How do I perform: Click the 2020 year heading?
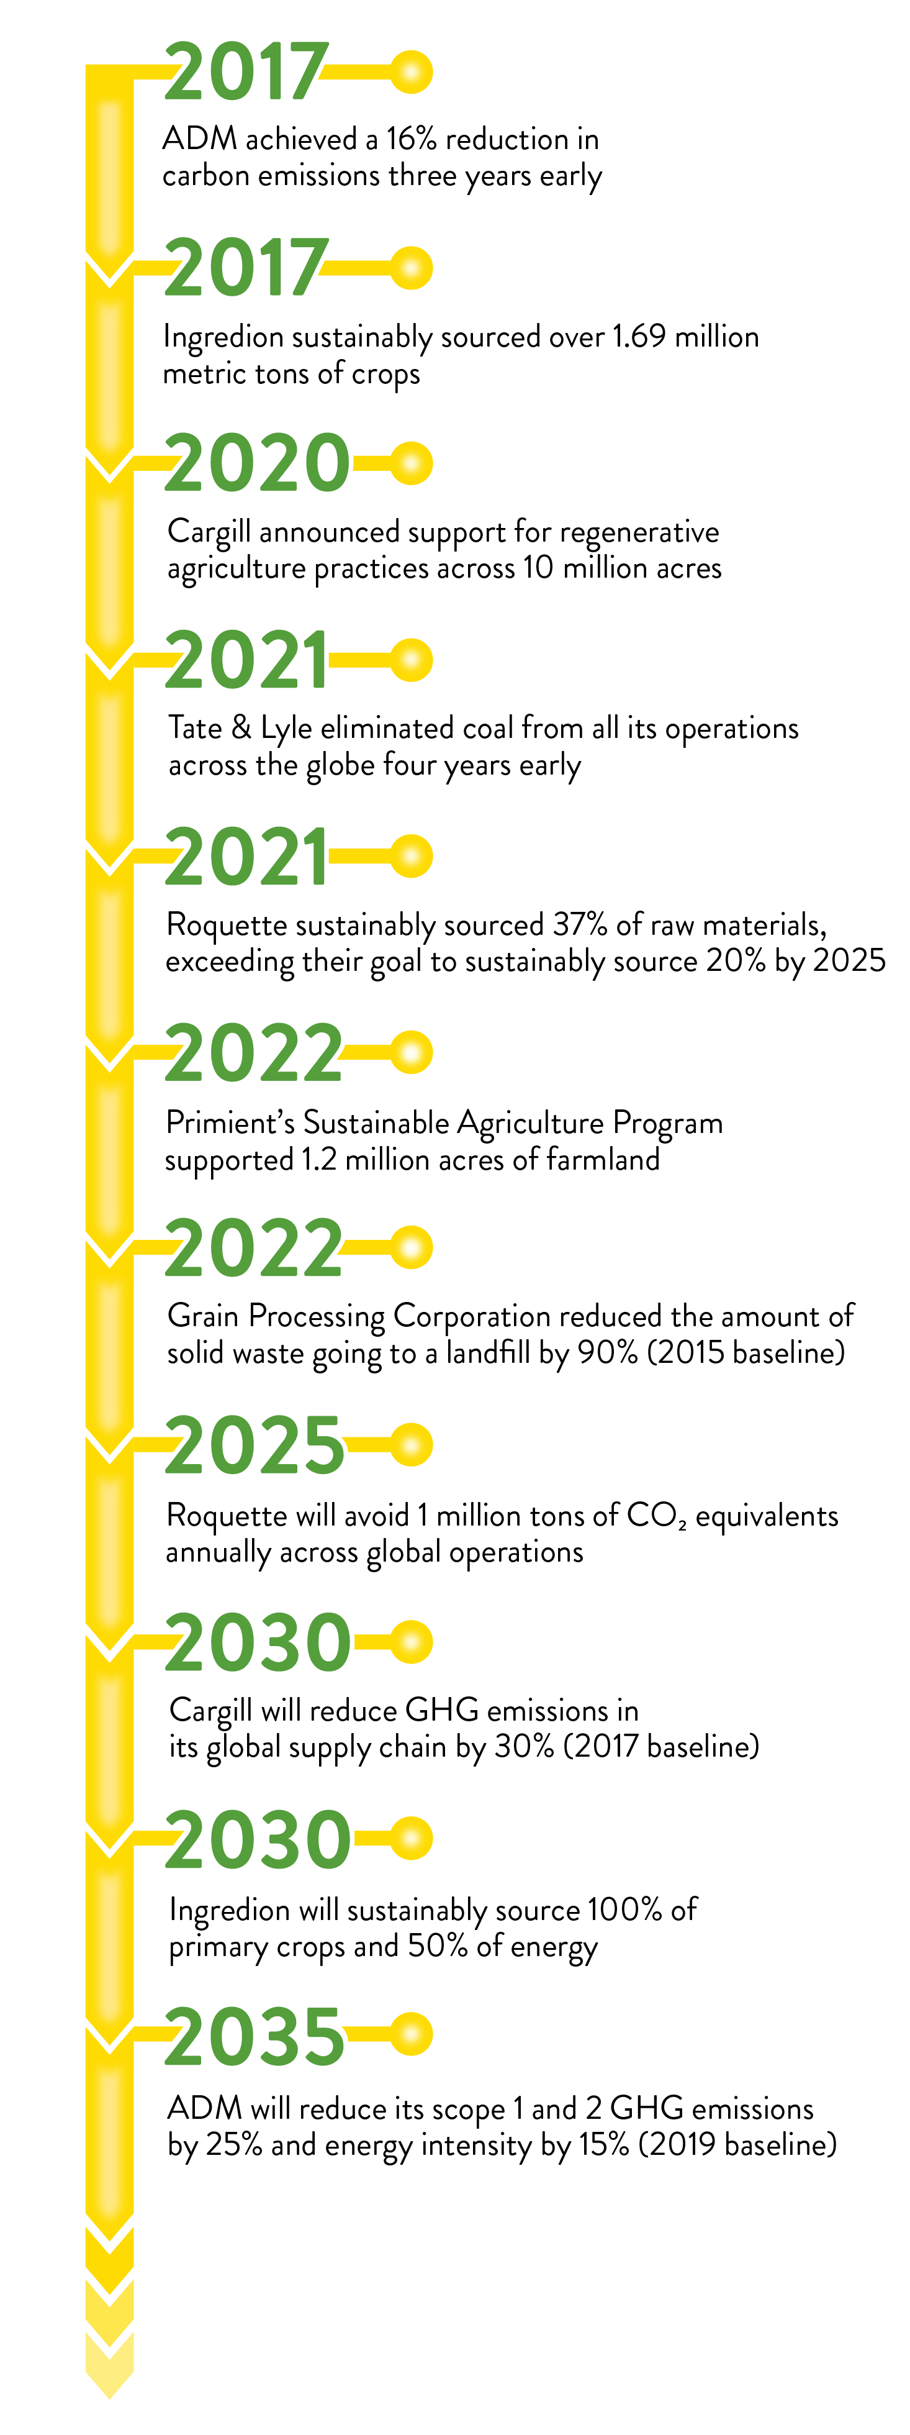click(x=257, y=463)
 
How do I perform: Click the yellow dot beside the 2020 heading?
click(x=411, y=463)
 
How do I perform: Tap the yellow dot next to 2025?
click(x=411, y=1444)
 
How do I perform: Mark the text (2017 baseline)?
click(x=662, y=1746)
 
